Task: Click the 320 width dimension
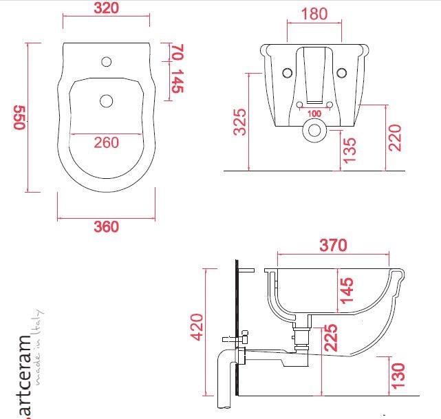[x=106, y=8]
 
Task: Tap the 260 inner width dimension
[x=106, y=142]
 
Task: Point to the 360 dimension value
[x=106, y=227]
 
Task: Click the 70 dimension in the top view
[x=177, y=52]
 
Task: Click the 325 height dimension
[x=239, y=122]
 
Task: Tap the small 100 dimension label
[x=314, y=114]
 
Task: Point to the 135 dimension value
[x=349, y=149]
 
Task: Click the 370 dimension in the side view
[x=333, y=245]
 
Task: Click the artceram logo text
[x=24, y=376]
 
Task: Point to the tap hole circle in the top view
[x=106, y=62]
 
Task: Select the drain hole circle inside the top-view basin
[x=106, y=101]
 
